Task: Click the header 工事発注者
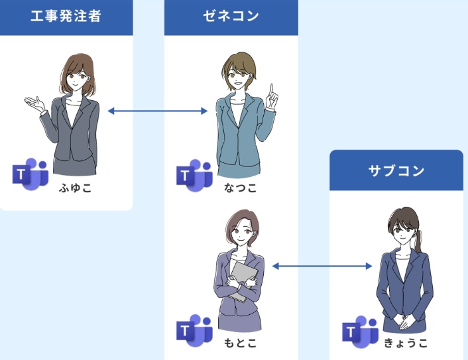(x=66, y=17)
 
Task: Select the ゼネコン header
(x=231, y=17)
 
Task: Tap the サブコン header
(x=396, y=171)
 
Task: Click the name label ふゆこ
(x=74, y=188)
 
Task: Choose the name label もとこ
(x=239, y=343)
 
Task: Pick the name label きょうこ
(x=405, y=343)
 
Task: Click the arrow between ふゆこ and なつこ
(x=158, y=111)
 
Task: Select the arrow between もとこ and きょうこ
(x=322, y=266)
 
